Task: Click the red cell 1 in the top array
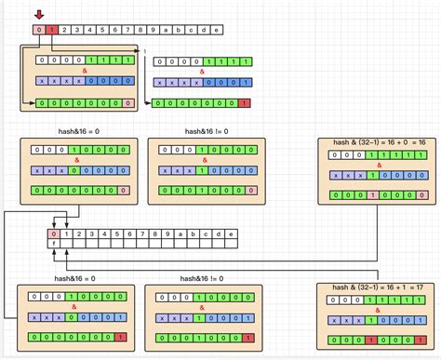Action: (52, 31)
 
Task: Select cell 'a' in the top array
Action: (165, 31)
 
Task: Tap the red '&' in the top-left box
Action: (85, 70)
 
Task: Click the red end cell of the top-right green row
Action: (245, 103)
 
